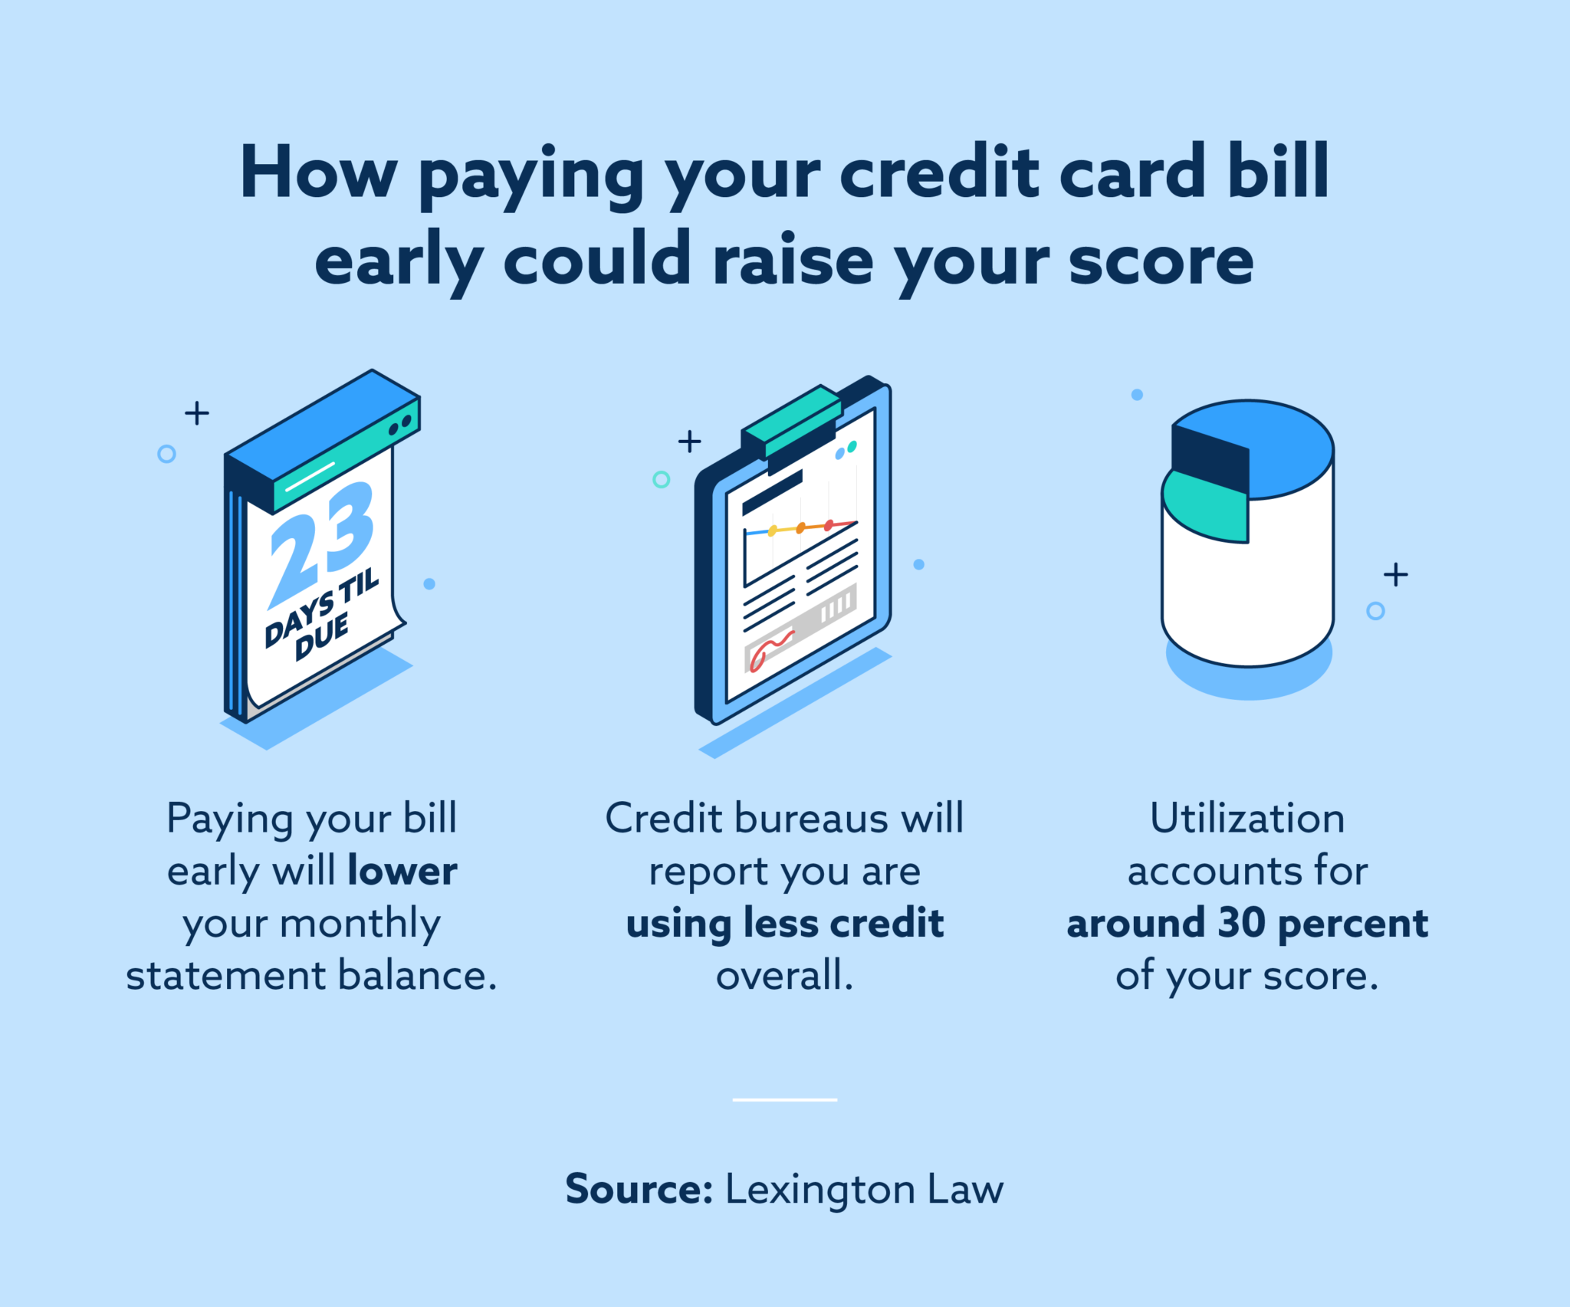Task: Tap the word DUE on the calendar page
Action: (x=323, y=638)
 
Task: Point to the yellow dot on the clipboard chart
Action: (x=773, y=530)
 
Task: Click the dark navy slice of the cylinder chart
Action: (x=1210, y=458)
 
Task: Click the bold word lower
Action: (x=402, y=871)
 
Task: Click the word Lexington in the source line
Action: (x=820, y=1190)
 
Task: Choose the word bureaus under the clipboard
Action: (x=811, y=819)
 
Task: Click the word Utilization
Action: (x=1247, y=818)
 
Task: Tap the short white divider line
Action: (x=785, y=1100)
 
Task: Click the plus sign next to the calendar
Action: (x=197, y=413)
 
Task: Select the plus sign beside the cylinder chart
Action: (x=1396, y=574)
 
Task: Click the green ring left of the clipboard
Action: (x=661, y=480)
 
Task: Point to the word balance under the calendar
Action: (x=418, y=976)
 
